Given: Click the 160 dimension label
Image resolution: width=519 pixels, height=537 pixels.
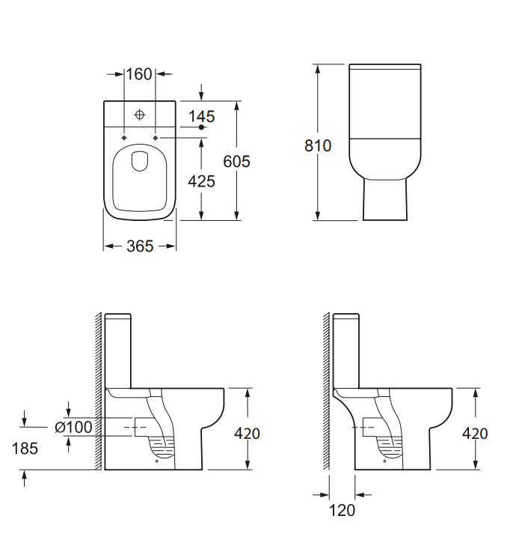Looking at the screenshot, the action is [x=139, y=74].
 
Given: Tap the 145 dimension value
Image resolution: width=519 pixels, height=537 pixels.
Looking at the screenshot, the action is [x=202, y=116].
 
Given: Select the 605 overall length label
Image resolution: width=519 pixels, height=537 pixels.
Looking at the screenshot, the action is [x=236, y=161].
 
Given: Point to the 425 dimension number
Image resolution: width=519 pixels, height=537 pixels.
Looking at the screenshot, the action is [x=201, y=181].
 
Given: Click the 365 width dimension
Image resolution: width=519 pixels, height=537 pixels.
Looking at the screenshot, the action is [x=140, y=246].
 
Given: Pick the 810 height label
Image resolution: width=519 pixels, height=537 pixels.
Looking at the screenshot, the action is [x=318, y=146].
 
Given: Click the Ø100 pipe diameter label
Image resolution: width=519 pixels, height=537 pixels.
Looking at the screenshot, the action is [x=73, y=427].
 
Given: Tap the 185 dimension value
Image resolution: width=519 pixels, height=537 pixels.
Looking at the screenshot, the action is [x=25, y=449].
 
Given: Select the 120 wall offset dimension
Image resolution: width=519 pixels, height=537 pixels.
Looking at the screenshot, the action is [x=342, y=510].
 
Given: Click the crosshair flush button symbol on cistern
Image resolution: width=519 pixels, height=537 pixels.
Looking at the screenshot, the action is [x=140, y=115].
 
